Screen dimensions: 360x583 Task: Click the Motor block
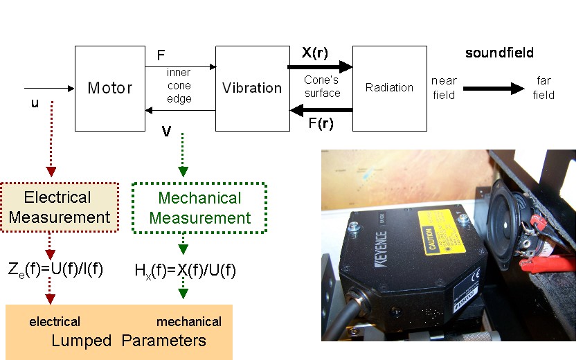point(109,88)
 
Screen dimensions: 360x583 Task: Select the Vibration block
point(252,88)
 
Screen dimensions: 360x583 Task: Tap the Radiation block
point(388,88)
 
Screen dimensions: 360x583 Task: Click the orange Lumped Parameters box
point(118,332)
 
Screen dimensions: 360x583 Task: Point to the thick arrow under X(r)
point(321,67)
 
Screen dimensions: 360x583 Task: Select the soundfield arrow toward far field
point(494,89)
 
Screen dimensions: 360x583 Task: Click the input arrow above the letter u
point(48,89)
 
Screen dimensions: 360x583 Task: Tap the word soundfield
point(499,53)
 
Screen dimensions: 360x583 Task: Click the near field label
point(444,88)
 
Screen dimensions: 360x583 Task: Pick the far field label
point(544,88)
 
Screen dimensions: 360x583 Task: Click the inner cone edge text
point(179,86)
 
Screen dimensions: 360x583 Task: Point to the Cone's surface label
point(321,87)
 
